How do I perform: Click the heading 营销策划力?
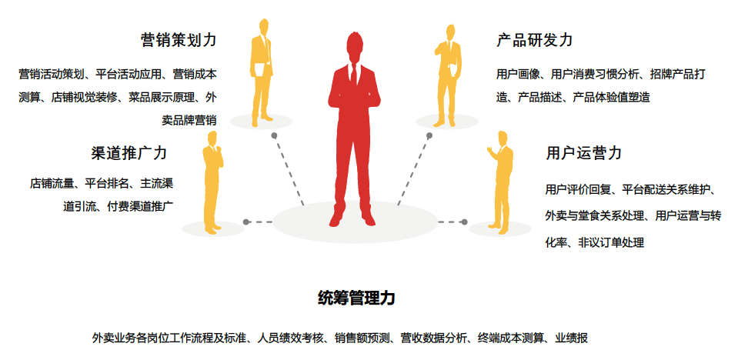[x=179, y=39]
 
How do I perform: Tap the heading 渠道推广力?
[x=129, y=152]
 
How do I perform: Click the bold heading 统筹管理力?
[x=356, y=298]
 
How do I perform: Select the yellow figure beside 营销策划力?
[x=262, y=73]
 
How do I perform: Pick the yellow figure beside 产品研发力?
[x=449, y=73]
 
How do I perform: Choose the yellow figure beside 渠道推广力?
[x=212, y=181]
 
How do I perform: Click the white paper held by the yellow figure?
[x=261, y=70]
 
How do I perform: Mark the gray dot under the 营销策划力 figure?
[x=275, y=135]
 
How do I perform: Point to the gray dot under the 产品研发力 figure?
[x=429, y=135]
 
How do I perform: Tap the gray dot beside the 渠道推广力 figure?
[x=245, y=222]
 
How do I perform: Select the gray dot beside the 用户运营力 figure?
[x=463, y=222]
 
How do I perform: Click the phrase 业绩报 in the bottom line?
[x=573, y=338]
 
